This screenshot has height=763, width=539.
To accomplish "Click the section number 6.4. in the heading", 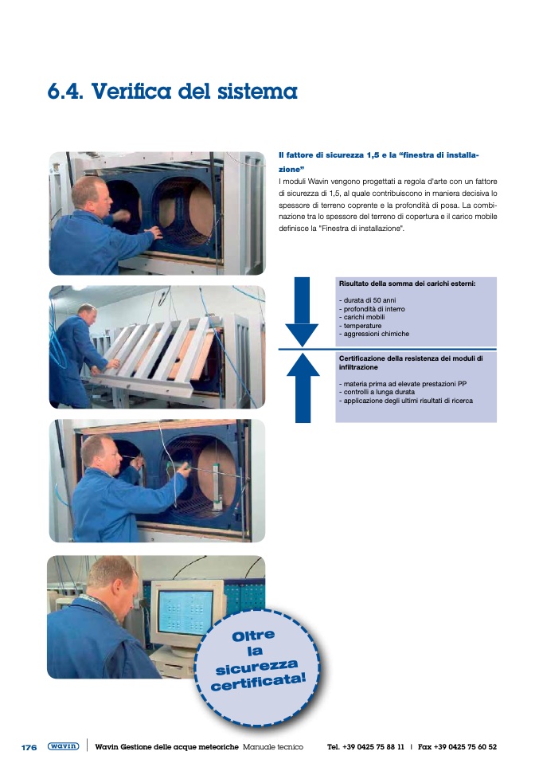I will (67, 92).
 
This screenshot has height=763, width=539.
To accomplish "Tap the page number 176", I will (29, 747).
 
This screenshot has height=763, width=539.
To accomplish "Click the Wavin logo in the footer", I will (63, 746).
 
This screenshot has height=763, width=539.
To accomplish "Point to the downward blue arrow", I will (302, 311).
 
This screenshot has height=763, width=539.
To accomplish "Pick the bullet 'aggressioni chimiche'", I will (373, 335).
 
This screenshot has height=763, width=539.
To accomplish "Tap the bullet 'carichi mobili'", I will (362, 317).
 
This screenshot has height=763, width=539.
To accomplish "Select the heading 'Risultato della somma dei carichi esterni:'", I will (407, 283).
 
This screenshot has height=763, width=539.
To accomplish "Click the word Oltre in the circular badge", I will (253, 636).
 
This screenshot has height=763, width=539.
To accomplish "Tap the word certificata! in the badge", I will (259, 679).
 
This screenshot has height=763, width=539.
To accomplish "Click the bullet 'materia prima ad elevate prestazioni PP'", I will (403, 384).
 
